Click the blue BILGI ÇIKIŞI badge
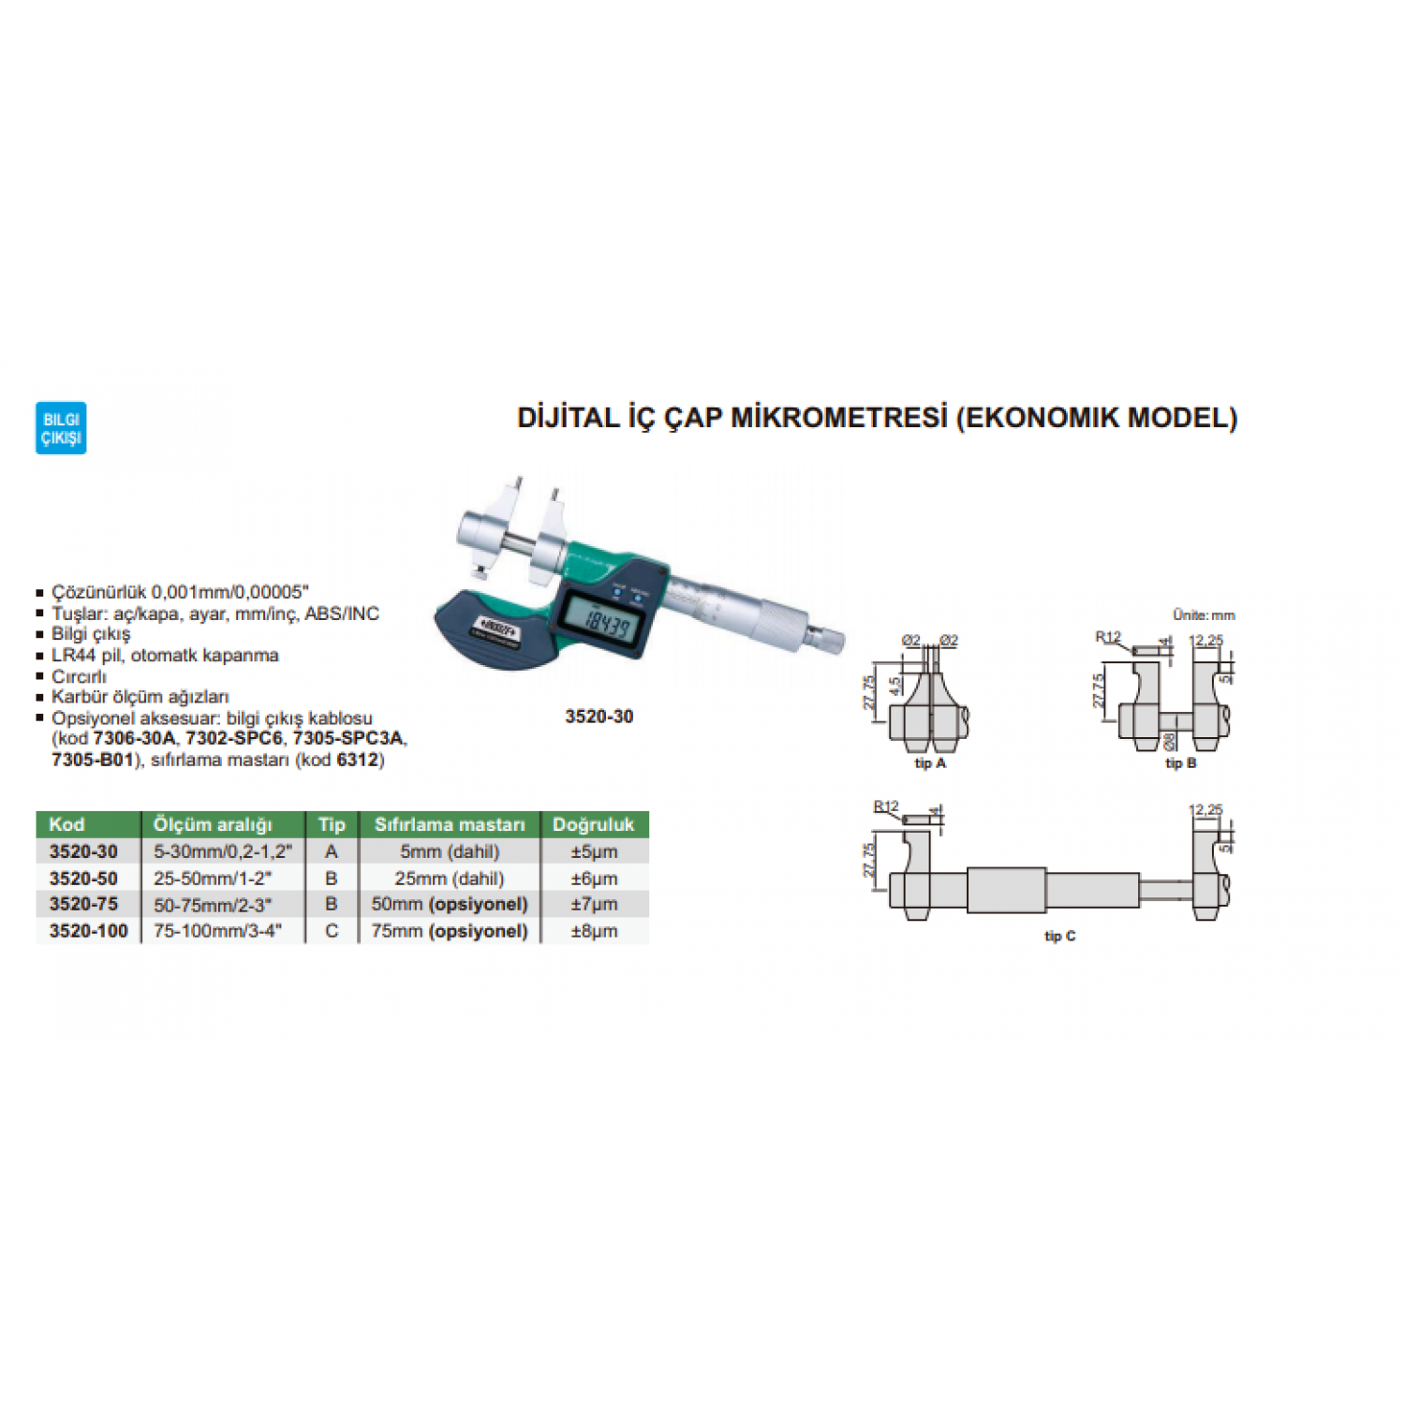(x=61, y=428)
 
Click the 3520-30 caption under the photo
(x=599, y=717)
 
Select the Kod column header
(x=67, y=824)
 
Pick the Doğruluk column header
(x=593, y=824)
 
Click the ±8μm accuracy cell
(x=594, y=931)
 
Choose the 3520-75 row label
(x=83, y=904)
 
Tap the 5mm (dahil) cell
(x=450, y=851)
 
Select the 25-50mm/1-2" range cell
(x=213, y=879)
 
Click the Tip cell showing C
(x=332, y=931)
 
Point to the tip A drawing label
(x=930, y=763)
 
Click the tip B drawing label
(x=1180, y=763)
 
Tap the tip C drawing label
(x=1059, y=936)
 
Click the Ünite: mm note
(x=1204, y=615)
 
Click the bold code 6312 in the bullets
(x=357, y=760)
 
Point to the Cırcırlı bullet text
(x=80, y=676)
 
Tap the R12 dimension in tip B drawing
(x=1108, y=637)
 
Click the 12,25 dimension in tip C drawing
(x=1205, y=809)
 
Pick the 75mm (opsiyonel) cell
(x=450, y=931)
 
